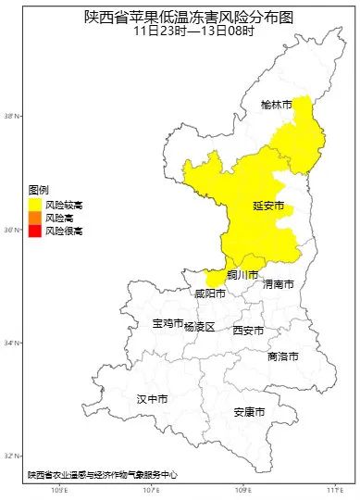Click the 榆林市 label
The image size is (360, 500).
276,106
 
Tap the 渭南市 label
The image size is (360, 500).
278,284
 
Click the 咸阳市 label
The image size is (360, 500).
210,294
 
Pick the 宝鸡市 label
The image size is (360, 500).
167,323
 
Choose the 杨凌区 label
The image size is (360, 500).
199,327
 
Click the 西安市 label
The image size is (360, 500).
247,331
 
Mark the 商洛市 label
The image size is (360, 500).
282,356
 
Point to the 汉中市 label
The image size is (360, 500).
152,399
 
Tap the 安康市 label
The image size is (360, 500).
249,411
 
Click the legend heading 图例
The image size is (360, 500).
38,189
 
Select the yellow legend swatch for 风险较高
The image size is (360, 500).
34,204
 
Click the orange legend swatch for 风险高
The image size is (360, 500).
34,217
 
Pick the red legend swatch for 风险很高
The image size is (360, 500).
34,230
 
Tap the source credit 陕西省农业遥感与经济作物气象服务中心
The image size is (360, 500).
102,474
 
